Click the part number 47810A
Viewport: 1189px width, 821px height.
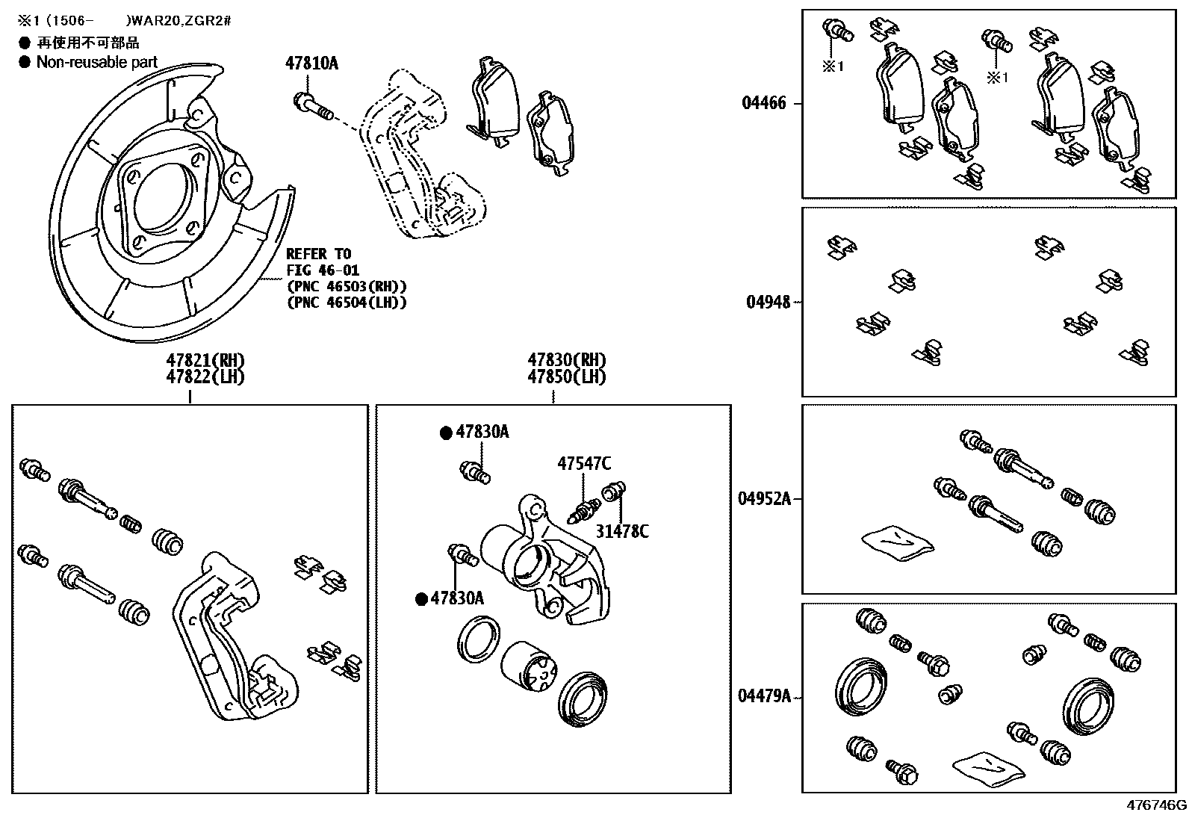coord(311,63)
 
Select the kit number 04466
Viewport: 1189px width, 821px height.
coord(763,103)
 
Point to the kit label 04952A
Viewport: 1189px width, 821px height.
coord(764,498)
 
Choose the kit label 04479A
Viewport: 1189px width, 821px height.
coord(764,696)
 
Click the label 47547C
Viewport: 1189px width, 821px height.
coord(583,464)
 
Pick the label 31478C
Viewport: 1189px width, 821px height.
coord(622,531)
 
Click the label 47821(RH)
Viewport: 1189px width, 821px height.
coord(205,360)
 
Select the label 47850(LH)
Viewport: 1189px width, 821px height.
coord(567,377)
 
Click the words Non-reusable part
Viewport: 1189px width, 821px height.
coord(97,63)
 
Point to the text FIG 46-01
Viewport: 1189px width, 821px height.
coord(323,270)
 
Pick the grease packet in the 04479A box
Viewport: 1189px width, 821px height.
coord(988,766)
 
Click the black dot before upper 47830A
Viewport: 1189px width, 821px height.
coord(446,432)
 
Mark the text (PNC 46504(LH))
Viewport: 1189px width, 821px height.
coord(347,302)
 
